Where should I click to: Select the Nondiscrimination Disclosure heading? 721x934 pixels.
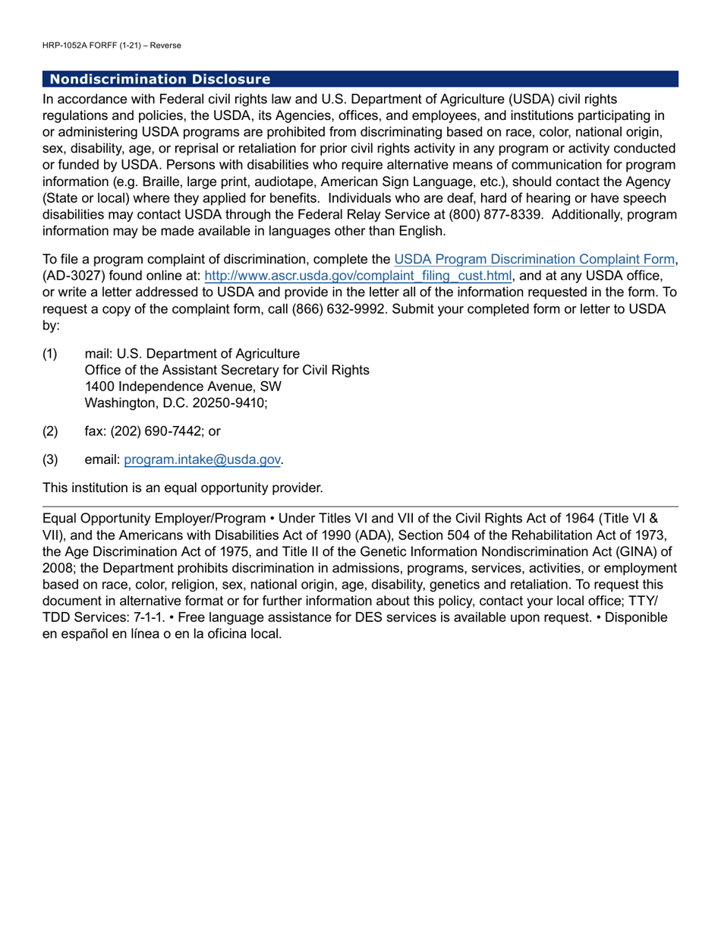click(159, 79)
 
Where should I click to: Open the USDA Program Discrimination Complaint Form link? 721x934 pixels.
click(534, 260)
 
